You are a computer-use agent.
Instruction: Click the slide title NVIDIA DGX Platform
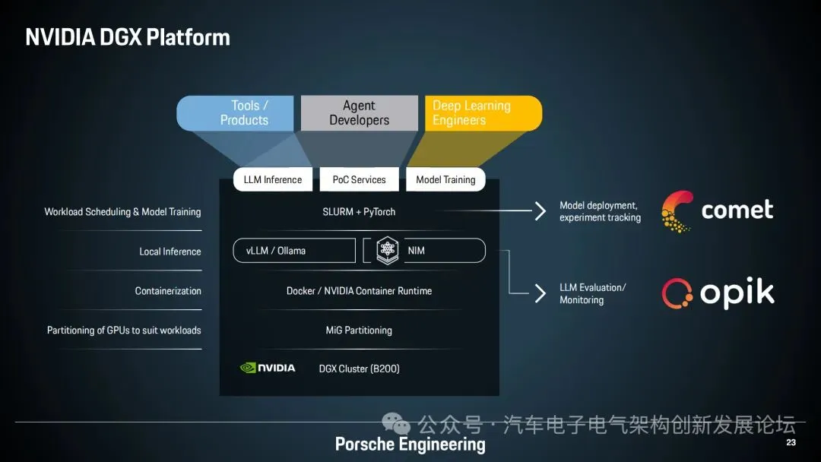coord(128,37)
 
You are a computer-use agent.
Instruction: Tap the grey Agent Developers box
coord(360,113)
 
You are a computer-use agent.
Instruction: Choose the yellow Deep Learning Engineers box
coord(480,113)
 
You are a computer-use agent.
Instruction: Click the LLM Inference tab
coord(272,180)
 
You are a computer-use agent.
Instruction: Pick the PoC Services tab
coord(359,180)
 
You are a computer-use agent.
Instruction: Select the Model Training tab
coord(445,180)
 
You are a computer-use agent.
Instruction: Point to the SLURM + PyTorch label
coord(359,212)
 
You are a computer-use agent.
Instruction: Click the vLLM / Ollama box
coord(293,251)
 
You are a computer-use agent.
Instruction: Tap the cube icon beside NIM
coord(388,251)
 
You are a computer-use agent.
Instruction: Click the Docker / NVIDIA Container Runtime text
coord(359,291)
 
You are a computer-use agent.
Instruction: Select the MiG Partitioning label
coord(359,331)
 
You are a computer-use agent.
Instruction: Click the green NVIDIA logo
coord(268,368)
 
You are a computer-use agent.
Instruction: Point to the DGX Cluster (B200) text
coord(359,369)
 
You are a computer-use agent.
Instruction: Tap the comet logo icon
coord(677,210)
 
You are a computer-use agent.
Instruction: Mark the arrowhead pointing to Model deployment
coord(540,211)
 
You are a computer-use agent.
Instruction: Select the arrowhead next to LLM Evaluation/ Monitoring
coord(540,293)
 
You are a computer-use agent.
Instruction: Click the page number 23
coord(791,443)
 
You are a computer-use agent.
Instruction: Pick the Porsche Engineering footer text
coord(410,445)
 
